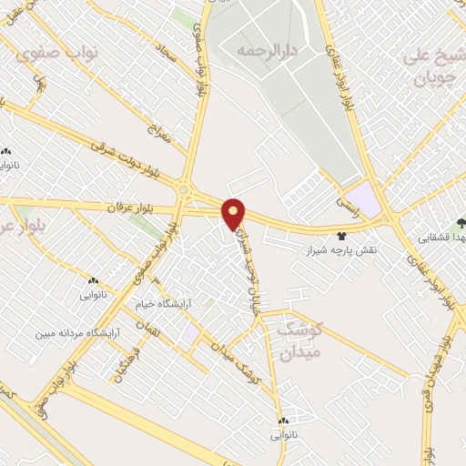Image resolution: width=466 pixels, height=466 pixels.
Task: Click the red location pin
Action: tap(235, 213)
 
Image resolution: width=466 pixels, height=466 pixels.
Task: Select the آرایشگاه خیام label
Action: tap(160, 307)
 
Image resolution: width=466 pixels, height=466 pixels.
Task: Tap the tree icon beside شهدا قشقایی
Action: tap(461, 221)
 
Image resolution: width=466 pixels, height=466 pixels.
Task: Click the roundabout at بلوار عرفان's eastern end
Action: tap(186, 190)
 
